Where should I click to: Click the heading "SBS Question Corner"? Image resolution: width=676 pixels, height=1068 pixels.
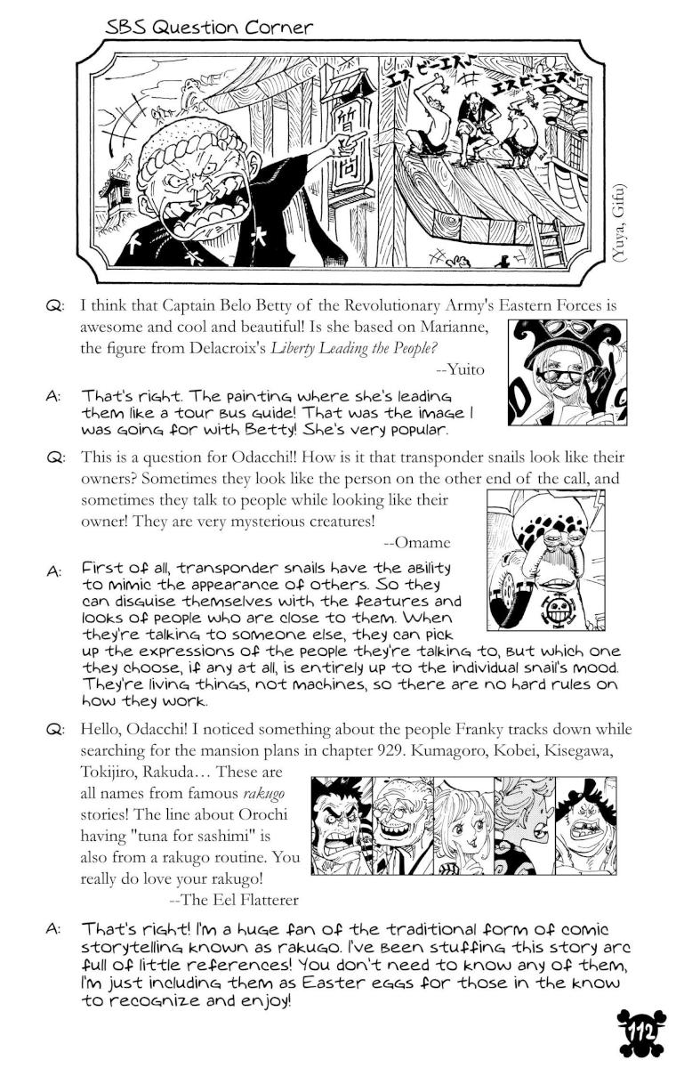click(208, 28)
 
